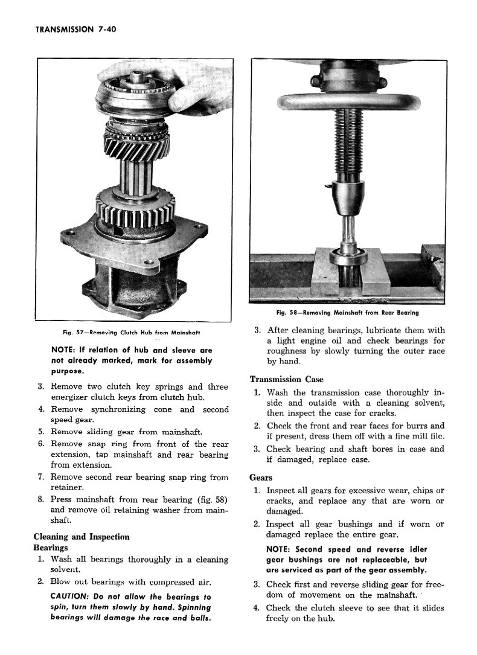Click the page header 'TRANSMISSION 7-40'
click(x=75, y=28)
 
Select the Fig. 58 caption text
click(x=347, y=313)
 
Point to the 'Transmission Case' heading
click(x=287, y=379)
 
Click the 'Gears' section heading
click(x=261, y=478)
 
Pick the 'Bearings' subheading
click(x=51, y=548)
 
